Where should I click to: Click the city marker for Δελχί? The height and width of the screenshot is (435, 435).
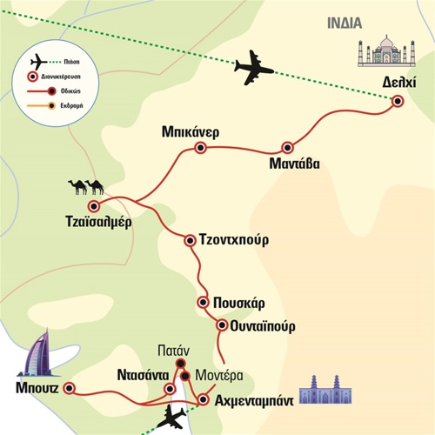coord(398,101)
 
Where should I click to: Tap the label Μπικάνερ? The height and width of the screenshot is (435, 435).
coord(191,132)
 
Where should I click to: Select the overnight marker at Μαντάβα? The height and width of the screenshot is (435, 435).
coord(287,148)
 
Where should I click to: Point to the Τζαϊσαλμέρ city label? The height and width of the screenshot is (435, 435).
coord(98,222)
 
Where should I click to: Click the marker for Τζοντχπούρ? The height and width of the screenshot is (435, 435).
coord(190,240)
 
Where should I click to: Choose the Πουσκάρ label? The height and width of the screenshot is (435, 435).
coord(239,304)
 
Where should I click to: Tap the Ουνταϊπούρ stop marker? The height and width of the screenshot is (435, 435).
coord(222,325)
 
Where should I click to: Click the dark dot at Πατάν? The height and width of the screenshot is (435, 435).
coord(181,363)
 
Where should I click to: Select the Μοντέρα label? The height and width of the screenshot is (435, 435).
coord(219,376)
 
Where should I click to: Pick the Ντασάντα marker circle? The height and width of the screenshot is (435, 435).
coord(170,389)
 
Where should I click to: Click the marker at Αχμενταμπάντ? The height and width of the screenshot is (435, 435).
coord(203,399)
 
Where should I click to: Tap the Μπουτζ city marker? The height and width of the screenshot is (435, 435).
coord(69,388)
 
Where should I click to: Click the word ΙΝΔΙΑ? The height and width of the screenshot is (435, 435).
coord(345,23)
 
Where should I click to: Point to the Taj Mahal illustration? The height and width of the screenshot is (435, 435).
coord(386,50)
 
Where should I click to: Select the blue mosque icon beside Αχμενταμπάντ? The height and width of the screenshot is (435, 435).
coord(325,390)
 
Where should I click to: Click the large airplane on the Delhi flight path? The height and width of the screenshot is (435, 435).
coord(253,68)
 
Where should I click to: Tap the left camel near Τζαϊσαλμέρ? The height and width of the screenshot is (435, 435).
coord(77,187)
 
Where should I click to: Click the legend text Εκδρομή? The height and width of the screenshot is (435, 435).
coord(71,105)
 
